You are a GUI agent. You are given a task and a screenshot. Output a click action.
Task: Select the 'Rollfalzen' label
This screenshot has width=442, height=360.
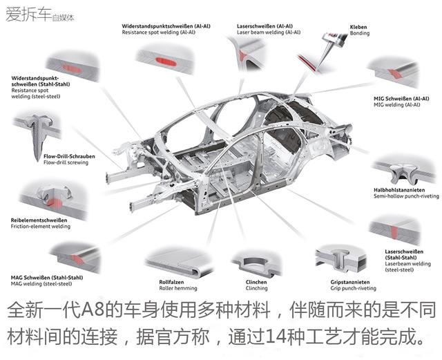tap(171, 281)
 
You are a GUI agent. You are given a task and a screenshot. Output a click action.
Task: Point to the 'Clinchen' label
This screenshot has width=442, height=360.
tap(257, 281)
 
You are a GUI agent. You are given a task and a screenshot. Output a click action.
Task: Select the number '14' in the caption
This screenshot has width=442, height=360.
tap(298, 339)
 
